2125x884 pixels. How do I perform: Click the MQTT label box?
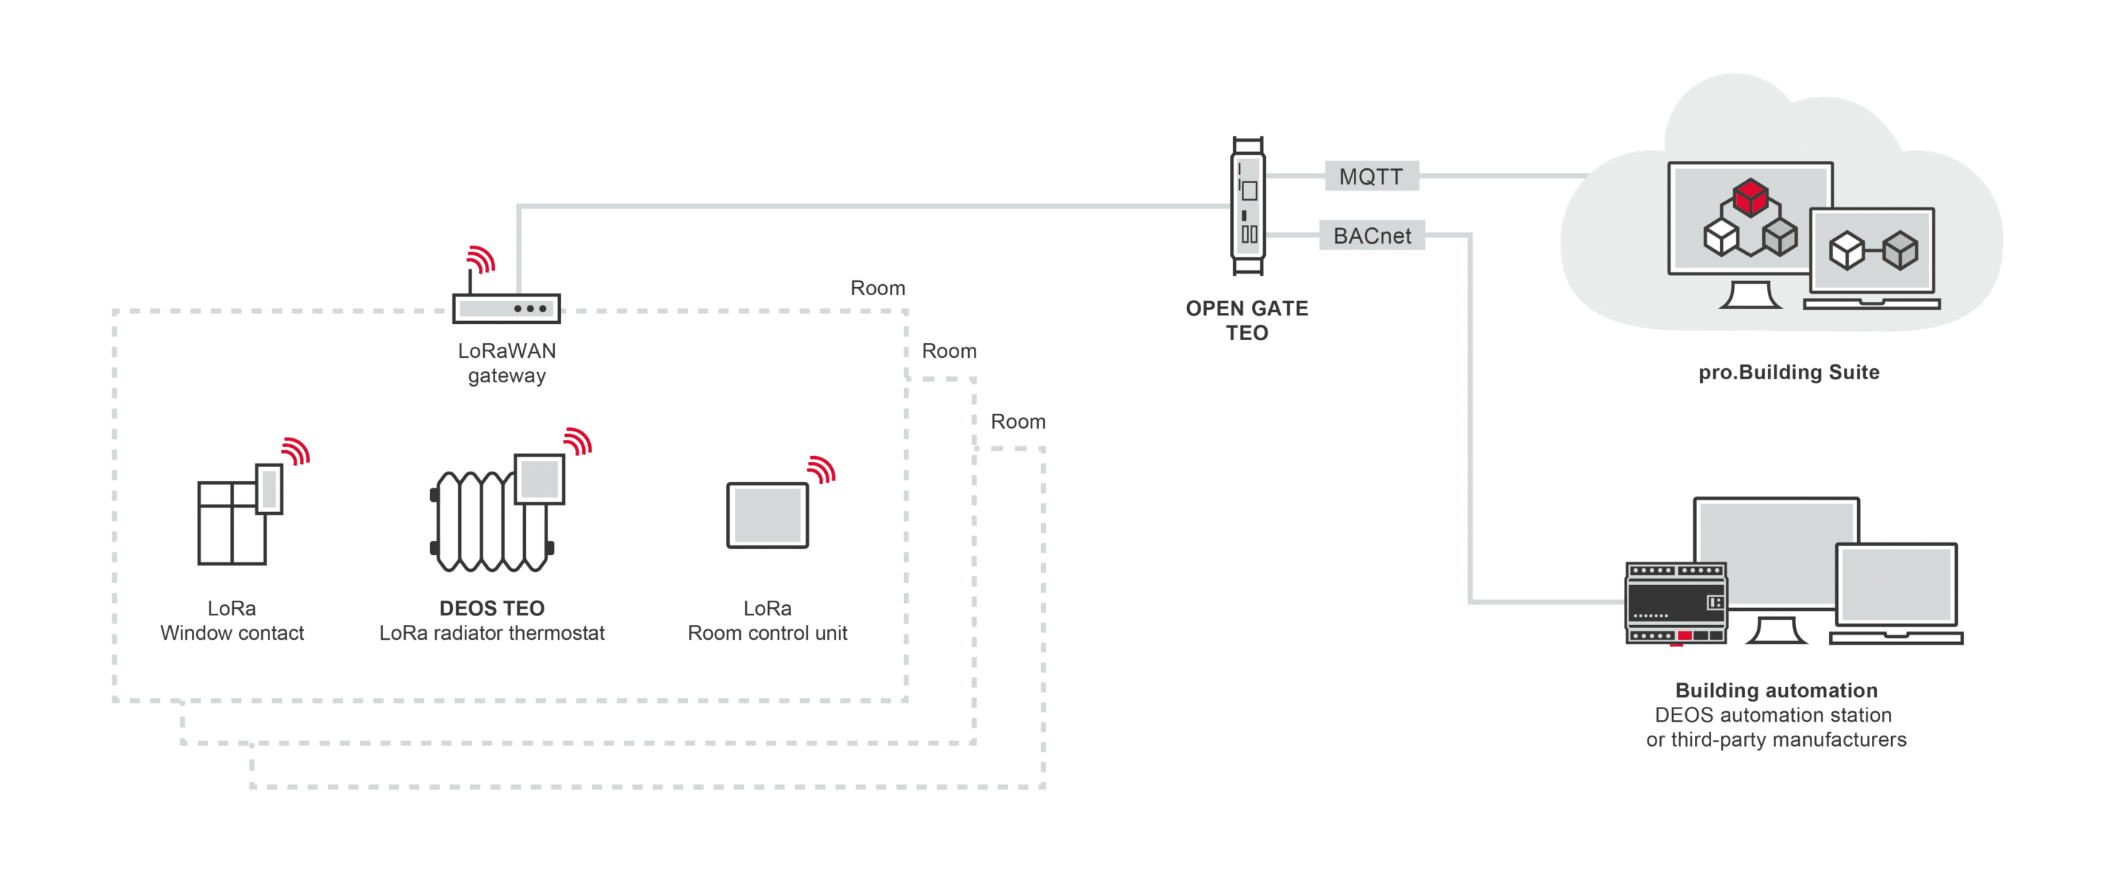1371,176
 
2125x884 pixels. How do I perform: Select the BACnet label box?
1372,235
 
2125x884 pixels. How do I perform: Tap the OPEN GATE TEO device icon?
1248,205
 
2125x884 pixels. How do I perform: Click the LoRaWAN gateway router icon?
506,308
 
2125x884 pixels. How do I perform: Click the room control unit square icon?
767,514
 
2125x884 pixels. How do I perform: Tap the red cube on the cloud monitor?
1750,197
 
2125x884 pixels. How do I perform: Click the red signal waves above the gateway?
481,258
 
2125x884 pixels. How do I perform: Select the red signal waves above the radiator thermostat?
578,441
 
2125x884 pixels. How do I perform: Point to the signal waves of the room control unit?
822,469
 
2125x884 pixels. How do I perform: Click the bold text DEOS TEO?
491,608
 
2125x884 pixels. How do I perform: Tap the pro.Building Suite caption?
1789,372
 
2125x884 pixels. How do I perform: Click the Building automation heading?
1776,689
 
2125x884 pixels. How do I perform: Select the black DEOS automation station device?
1676,603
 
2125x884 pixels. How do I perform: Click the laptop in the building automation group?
1896,593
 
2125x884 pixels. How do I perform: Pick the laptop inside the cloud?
1872,258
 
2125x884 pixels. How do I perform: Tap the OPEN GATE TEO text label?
1246,320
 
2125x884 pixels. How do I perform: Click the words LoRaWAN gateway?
506,363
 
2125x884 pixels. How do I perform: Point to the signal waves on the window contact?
295,451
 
